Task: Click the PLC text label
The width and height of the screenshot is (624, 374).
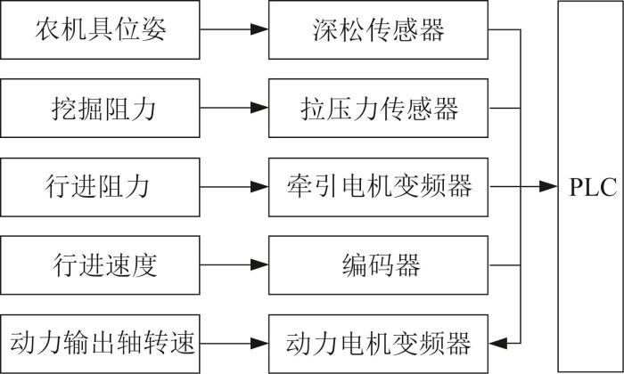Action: click(x=593, y=187)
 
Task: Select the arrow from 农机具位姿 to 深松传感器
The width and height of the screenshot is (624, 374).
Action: click(x=234, y=29)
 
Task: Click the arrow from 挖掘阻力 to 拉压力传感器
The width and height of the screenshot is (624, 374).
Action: click(x=234, y=108)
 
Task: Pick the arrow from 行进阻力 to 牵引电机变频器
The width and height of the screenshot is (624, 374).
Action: click(x=234, y=186)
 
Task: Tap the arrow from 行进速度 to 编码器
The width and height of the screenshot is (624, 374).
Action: click(x=234, y=264)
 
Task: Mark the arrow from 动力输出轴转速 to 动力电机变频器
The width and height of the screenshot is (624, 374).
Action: click(x=234, y=343)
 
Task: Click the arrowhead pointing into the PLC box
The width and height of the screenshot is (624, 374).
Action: click(x=548, y=186)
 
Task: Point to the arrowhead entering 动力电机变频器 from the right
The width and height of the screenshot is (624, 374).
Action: click(x=497, y=343)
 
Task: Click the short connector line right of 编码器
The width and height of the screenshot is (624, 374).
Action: click(x=505, y=265)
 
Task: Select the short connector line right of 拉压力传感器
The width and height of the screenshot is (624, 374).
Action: click(x=505, y=108)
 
